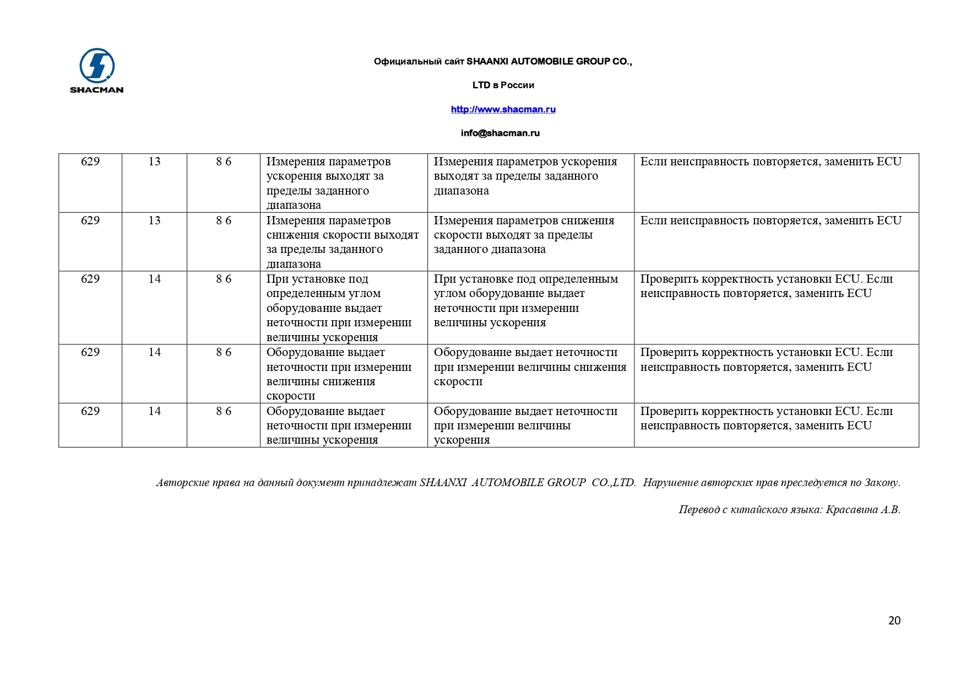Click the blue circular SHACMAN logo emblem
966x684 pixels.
pyautogui.click(x=97, y=66)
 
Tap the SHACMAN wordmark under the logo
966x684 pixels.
pyautogui.click(x=96, y=90)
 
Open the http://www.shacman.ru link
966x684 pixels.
pyautogui.click(x=503, y=109)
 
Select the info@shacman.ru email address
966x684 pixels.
pyautogui.click(x=500, y=133)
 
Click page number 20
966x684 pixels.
pyautogui.click(x=894, y=621)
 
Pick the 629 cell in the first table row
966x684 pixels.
pyautogui.click(x=90, y=161)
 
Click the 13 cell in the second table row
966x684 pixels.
pyautogui.click(x=154, y=220)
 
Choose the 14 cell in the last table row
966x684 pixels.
pyautogui.click(x=154, y=411)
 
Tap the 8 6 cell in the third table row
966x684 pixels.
pyautogui.click(x=224, y=279)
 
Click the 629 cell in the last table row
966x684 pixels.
pyautogui.click(x=90, y=411)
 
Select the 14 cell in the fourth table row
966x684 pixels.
pyautogui.click(x=154, y=352)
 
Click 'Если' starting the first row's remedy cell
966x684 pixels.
pyautogui.click(x=654, y=161)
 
